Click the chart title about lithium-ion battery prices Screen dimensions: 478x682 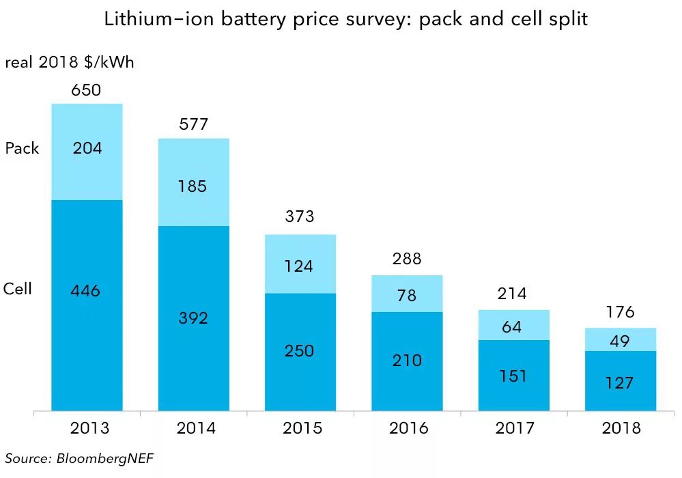tap(345, 20)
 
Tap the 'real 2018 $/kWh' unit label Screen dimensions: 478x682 tap(70, 63)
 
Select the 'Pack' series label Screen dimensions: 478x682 tap(23, 148)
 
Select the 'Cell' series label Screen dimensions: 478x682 tap(18, 289)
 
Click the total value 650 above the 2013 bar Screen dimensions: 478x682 tap(87, 90)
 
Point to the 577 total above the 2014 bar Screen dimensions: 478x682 tap(193, 125)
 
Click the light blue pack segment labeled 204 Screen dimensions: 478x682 tap(87, 152)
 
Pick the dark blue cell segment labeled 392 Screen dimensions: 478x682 tap(193, 318)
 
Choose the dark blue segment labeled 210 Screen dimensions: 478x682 tap(407, 361)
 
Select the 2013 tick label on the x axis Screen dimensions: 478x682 tap(89, 429)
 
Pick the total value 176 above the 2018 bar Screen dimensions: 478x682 tap(620, 313)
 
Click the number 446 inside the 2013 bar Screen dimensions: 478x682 tap(85, 292)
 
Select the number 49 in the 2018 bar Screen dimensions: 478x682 tap(620, 340)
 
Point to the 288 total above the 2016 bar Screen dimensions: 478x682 tap(407, 259)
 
